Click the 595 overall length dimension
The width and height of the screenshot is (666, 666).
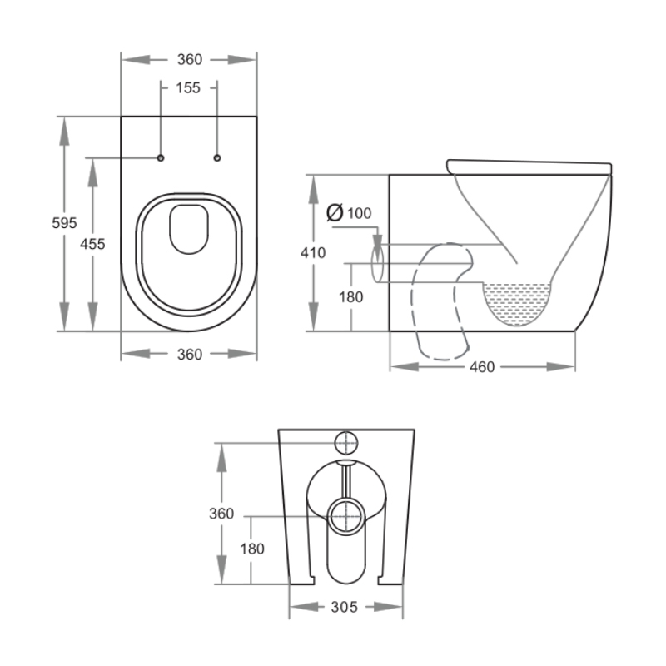[65, 222]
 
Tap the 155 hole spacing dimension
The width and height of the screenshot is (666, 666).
[189, 87]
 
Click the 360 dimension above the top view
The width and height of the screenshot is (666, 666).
[189, 59]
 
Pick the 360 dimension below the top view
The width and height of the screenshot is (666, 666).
[189, 354]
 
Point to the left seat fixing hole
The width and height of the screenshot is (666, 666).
[162, 157]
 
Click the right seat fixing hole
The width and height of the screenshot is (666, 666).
[217, 157]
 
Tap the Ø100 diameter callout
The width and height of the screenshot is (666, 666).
[349, 213]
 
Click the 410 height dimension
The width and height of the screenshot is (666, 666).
[314, 253]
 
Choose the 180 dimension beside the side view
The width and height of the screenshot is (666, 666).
[350, 296]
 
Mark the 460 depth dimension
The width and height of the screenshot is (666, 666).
[482, 366]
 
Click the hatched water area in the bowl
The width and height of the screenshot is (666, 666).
[518, 301]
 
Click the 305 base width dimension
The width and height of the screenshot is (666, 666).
[344, 607]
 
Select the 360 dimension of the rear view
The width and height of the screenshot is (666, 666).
[221, 514]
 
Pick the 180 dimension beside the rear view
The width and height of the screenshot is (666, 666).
[252, 549]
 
